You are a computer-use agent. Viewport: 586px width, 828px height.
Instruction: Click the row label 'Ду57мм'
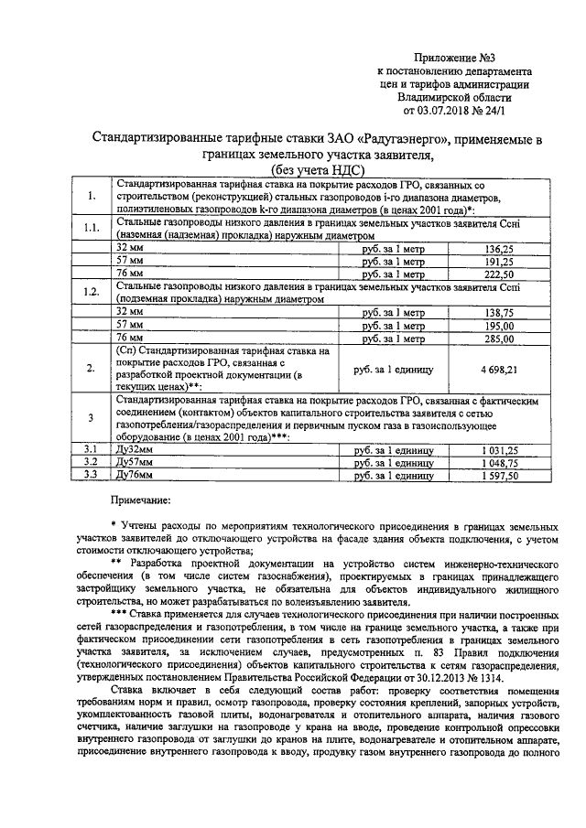pyautogui.click(x=136, y=463)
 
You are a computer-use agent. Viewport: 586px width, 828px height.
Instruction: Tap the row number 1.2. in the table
pyautogui.click(x=90, y=293)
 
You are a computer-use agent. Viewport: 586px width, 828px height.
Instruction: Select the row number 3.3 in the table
pyautogui.click(x=90, y=476)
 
